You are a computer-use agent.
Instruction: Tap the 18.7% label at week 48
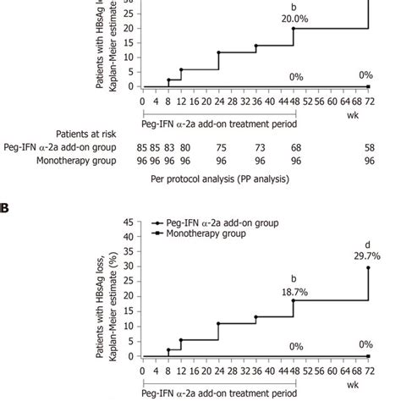click(295, 290)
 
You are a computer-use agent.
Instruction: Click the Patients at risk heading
click(86, 133)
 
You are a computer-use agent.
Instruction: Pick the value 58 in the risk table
click(369, 146)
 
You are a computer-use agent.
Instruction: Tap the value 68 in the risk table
click(295, 146)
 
